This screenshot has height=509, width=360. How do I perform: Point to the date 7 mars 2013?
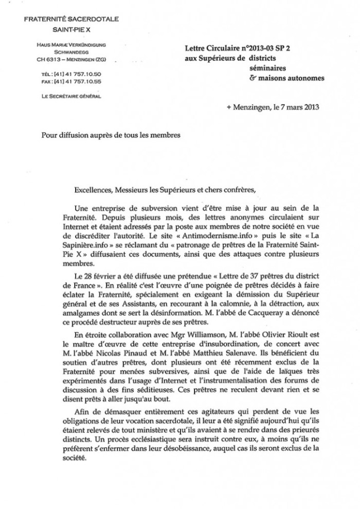[x=294, y=107]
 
